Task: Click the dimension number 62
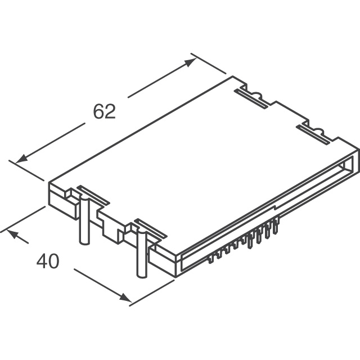pyautogui.click(x=104, y=111)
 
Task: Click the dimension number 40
pyautogui.click(x=48, y=261)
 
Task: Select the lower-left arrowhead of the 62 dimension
pyautogui.click(x=21, y=159)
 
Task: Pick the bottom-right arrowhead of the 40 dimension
pyautogui.click(x=125, y=298)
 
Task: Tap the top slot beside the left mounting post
pyautogui.click(x=93, y=195)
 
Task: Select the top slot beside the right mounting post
pyautogui.click(x=151, y=228)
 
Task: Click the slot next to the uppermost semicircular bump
pyautogui.click(x=251, y=99)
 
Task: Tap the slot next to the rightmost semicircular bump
pyautogui.click(x=313, y=134)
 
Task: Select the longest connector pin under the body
pyautogui.click(x=250, y=241)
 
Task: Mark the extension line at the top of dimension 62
pyautogui.click(x=209, y=64)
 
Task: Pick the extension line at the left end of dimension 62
pyautogui.click(x=26, y=170)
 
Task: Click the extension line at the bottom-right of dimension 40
pyautogui.click(x=152, y=292)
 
